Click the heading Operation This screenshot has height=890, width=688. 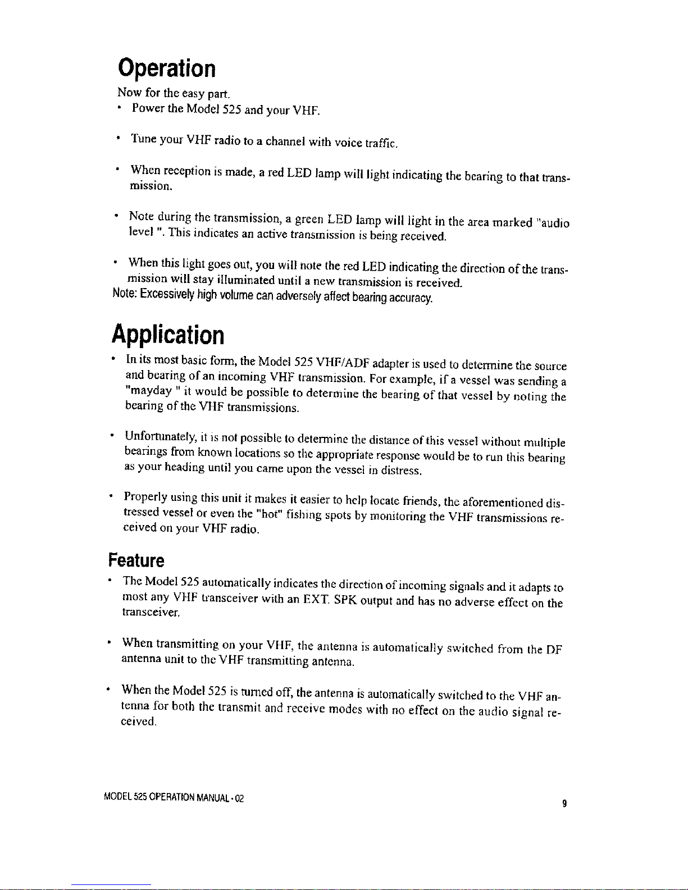(x=167, y=69)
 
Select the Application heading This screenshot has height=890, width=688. (x=168, y=335)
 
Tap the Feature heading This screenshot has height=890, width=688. (x=136, y=560)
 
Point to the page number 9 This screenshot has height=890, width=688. (x=563, y=804)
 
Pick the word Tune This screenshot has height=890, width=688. (x=143, y=138)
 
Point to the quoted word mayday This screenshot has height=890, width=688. (x=145, y=390)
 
